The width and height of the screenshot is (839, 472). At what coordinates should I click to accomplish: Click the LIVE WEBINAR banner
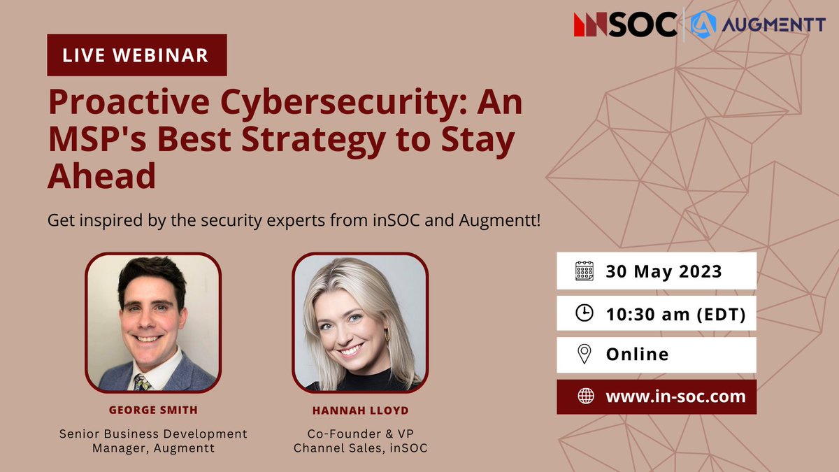[137, 55]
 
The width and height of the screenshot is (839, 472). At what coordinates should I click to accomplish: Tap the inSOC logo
[624, 24]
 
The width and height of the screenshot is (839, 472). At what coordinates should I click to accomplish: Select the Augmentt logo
[748, 24]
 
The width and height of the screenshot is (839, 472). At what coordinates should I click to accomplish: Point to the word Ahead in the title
[101, 176]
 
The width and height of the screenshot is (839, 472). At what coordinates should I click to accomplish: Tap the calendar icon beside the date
[584, 271]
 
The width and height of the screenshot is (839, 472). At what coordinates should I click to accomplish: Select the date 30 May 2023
[664, 271]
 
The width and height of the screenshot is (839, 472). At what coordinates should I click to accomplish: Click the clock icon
[584, 313]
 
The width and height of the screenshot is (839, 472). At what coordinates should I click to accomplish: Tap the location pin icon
[584, 355]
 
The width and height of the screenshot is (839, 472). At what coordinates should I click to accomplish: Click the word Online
[637, 355]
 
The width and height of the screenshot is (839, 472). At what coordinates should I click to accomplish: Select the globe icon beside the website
[585, 396]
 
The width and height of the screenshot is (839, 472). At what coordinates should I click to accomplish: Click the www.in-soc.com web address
[675, 396]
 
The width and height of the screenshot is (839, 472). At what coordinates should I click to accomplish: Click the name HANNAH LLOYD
[359, 409]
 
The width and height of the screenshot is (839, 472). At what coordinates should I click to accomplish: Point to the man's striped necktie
[143, 382]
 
